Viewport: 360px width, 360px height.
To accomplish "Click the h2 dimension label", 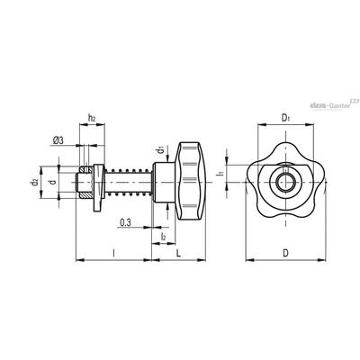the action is click(92, 118).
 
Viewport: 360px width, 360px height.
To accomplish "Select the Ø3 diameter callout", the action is click(58, 140).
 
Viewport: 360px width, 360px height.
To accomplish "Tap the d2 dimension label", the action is click(34, 182).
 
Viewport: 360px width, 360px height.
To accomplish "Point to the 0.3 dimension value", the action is click(125, 222).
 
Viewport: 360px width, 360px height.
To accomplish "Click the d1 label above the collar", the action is click(160, 149).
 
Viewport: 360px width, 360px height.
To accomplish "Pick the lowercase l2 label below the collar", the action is click(163, 237).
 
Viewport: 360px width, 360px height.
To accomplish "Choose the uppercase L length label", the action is click(178, 254).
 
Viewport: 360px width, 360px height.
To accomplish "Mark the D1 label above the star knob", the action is click(285, 118).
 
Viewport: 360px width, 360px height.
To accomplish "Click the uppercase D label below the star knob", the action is click(285, 254).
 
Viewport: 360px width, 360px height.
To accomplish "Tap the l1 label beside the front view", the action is click(220, 173).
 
